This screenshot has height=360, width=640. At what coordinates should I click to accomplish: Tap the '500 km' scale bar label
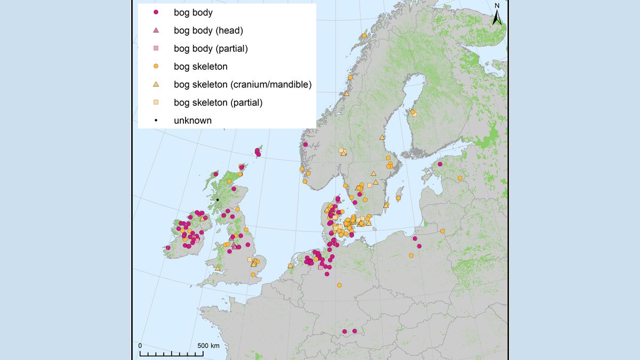pyautogui.click(x=207, y=346)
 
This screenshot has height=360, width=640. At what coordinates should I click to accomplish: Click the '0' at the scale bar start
pyautogui.click(x=140, y=346)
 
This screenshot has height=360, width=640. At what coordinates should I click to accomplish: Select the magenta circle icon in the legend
pyautogui.click(x=156, y=12)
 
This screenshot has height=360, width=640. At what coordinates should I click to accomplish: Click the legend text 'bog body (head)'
pyautogui.click(x=209, y=30)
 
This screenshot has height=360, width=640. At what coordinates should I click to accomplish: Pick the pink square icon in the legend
pyautogui.click(x=156, y=49)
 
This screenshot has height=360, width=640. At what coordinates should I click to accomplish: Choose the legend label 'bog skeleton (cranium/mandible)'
pyautogui.click(x=242, y=84)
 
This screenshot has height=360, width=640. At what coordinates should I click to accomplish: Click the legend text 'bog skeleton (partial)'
pyautogui.click(x=218, y=102)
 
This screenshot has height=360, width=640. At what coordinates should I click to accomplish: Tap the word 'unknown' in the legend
pyautogui.click(x=193, y=121)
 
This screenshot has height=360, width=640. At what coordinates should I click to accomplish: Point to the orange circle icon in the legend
pyautogui.click(x=156, y=67)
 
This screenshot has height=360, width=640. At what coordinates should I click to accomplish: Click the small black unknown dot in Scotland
pyautogui.click(x=218, y=200)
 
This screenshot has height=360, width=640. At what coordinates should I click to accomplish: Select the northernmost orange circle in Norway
pyautogui.click(x=364, y=36)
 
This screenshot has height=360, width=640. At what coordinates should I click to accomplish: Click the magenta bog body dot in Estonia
pyautogui.click(x=440, y=164)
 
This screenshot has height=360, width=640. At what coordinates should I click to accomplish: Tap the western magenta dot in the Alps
pyautogui.click(x=345, y=331)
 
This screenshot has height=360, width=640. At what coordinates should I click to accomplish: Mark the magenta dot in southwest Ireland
pyautogui.click(x=168, y=247)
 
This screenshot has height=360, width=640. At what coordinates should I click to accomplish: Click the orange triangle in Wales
pyautogui.click(x=218, y=268)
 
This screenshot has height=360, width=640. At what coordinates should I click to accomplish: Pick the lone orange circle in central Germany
pyautogui.click(x=339, y=285)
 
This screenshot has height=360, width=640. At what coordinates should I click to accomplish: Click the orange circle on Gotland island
pyautogui.click(x=398, y=198)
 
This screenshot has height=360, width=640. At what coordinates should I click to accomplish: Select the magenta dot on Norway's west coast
pyautogui.click(x=305, y=145)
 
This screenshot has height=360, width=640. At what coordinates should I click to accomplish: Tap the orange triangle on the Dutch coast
pyautogui.click(x=291, y=266)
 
